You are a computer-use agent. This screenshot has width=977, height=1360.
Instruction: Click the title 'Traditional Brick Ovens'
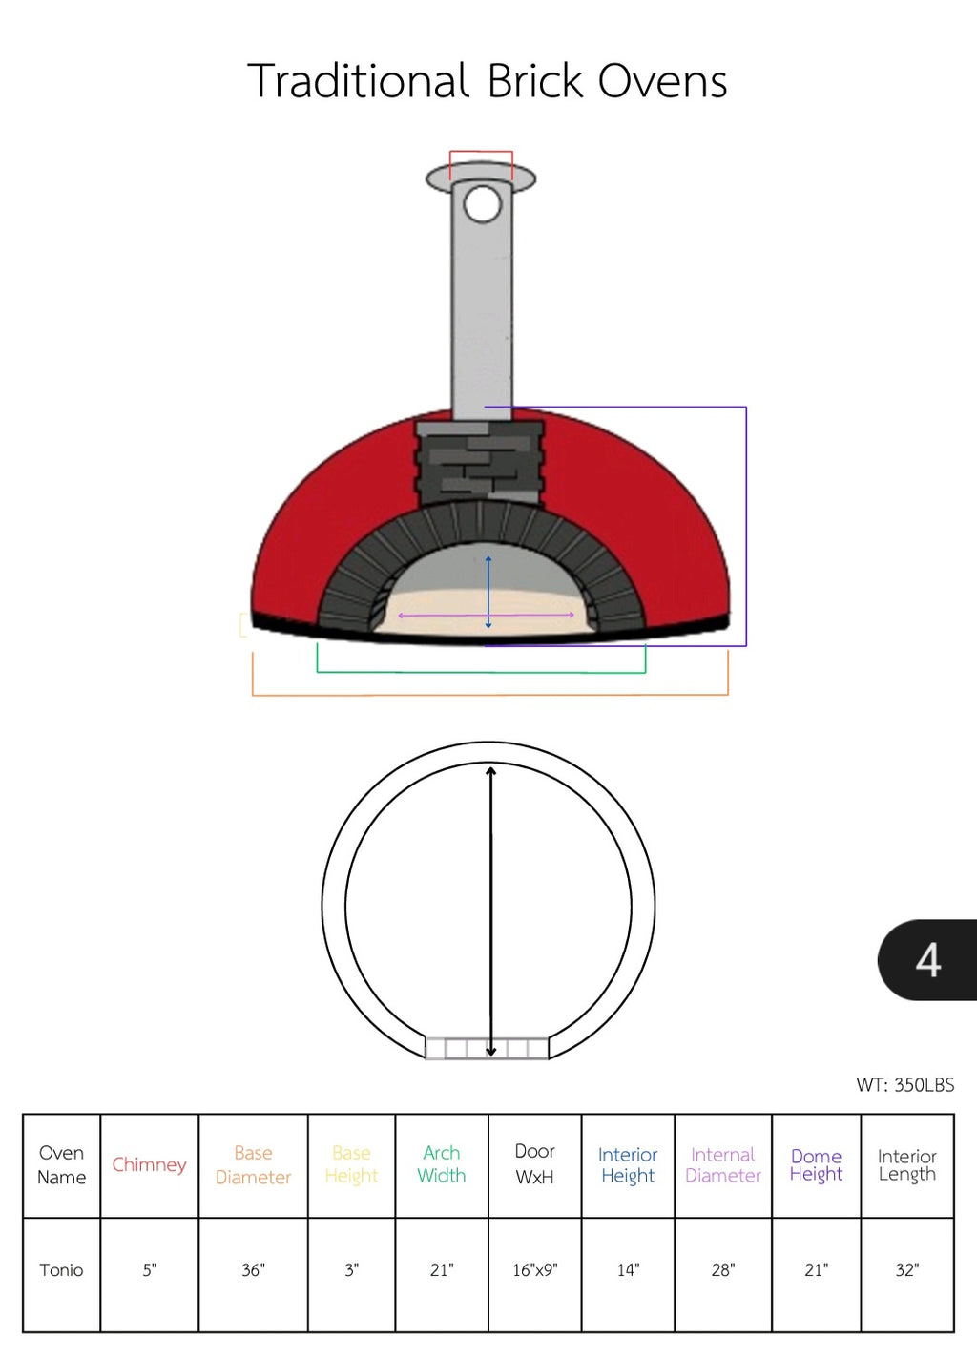point(488,81)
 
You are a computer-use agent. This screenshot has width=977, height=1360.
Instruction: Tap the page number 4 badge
point(927,960)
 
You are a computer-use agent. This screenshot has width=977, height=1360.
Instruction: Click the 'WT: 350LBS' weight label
point(904,1084)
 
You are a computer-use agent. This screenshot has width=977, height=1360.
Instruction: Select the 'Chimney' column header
point(149,1164)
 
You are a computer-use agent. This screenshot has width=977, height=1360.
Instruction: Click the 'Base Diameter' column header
point(253,1165)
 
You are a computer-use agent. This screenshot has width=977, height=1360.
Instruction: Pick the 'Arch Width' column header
point(441,1164)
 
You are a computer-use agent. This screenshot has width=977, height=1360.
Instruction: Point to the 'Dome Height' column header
point(816,1165)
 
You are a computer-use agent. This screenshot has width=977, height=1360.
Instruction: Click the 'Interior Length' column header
point(906,1165)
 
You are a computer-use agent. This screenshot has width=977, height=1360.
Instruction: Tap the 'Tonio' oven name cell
point(61,1270)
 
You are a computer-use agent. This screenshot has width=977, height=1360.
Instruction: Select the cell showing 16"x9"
point(534,1270)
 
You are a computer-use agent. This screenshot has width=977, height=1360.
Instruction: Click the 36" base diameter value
point(253,1270)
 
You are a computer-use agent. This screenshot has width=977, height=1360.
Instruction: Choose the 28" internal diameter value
point(722,1270)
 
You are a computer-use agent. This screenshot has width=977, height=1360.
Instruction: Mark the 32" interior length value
point(906,1270)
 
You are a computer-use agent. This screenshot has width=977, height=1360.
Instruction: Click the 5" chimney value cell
point(149,1270)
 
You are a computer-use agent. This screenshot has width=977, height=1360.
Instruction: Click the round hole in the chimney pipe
point(482,204)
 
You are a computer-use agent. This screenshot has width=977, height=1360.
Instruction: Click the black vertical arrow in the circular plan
point(491,907)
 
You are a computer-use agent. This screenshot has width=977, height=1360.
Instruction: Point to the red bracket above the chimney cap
point(481,152)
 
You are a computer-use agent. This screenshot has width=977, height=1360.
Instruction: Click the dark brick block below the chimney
point(480,463)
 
